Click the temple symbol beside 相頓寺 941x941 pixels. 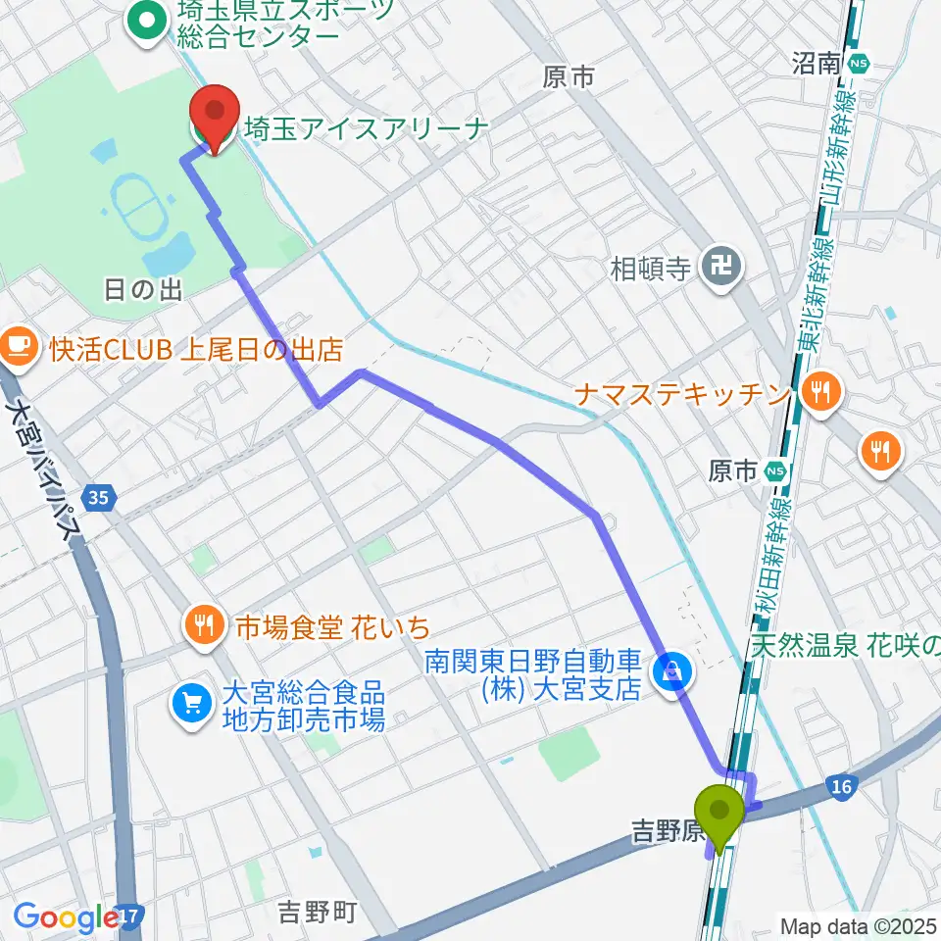[723, 268]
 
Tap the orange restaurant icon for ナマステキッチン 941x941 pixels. [817, 394]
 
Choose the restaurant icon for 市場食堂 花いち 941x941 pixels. [204, 624]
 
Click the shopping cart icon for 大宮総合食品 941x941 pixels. [191, 703]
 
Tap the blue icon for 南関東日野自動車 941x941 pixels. [672, 673]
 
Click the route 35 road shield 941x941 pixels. [96, 499]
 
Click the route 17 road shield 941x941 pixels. [129, 916]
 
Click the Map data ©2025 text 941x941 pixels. [858, 925]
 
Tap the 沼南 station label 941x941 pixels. [816, 64]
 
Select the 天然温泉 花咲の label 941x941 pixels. [846, 645]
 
